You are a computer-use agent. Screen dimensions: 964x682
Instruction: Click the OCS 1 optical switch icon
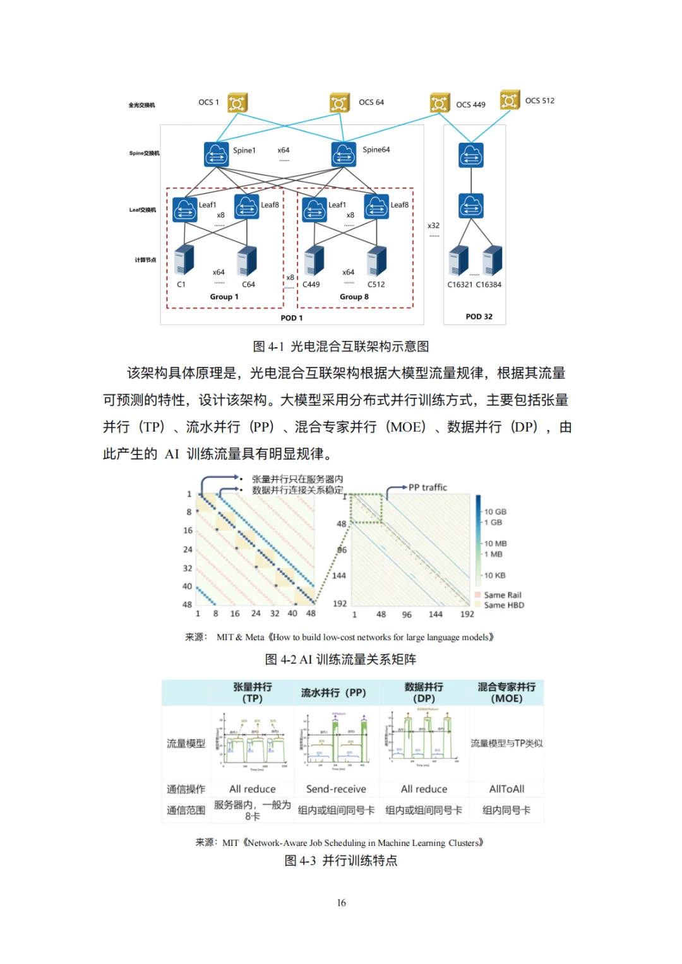(x=237, y=103)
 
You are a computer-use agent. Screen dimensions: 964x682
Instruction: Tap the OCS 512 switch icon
(x=510, y=100)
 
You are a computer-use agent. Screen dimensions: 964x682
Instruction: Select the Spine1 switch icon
(x=217, y=154)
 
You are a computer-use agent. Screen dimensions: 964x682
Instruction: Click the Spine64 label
(x=376, y=150)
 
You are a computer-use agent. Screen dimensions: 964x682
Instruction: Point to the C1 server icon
(x=184, y=259)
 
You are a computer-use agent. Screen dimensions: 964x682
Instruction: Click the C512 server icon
(x=376, y=260)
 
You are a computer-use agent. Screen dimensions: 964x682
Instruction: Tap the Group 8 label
(x=354, y=297)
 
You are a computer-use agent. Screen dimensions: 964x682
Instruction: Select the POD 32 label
(x=479, y=317)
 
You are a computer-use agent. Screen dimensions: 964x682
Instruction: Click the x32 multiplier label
(x=433, y=225)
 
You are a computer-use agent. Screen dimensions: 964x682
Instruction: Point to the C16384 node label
(x=488, y=285)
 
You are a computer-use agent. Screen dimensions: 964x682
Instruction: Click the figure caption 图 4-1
(x=340, y=347)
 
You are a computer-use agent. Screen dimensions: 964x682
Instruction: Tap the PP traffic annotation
(x=428, y=487)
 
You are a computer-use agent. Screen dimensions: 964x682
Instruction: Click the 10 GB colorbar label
(x=495, y=512)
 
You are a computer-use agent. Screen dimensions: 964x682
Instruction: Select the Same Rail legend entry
(x=502, y=595)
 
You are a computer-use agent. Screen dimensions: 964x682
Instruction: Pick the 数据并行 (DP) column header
(x=424, y=693)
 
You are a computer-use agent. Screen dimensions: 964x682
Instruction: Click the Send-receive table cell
(x=336, y=789)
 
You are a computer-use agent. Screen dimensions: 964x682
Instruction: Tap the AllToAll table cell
(x=506, y=789)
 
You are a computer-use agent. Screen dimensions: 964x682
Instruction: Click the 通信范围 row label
(x=186, y=810)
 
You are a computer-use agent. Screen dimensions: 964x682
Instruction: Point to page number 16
(x=341, y=903)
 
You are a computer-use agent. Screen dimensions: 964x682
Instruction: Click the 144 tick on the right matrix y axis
(x=339, y=576)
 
